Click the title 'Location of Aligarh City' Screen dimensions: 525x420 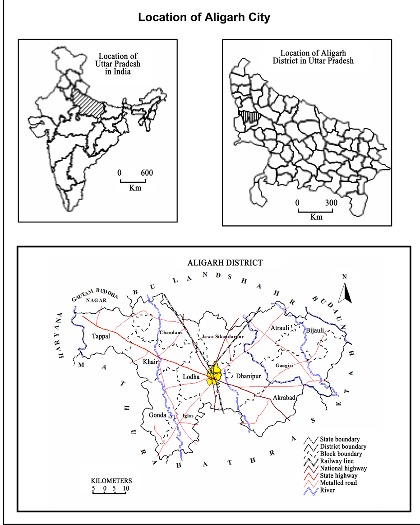(x=204, y=18)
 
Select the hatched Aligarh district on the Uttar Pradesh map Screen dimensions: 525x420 (x=249, y=116)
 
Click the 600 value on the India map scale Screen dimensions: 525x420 (x=147, y=173)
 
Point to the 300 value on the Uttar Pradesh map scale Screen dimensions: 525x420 (x=331, y=203)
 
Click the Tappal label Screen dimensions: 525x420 (x=101, y=336)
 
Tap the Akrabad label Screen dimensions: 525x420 (x=283, y=398)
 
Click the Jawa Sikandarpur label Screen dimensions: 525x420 (x=223, y=337)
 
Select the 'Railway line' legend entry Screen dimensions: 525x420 (x=337, y=461)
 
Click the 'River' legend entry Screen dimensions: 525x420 (x=328, y=490)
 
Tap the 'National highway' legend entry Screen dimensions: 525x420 (x=343, y=468)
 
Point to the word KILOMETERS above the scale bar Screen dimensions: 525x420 (x=111, y=481)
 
